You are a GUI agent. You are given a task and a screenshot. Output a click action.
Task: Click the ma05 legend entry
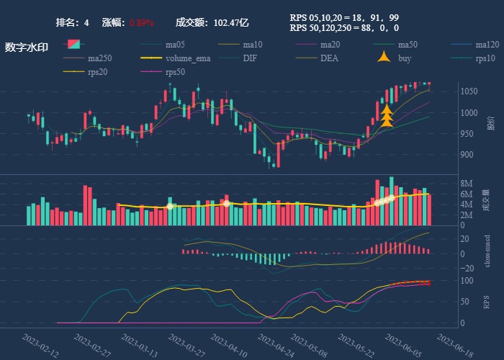(175, 45)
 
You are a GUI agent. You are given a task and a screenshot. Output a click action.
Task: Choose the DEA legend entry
(329, 58)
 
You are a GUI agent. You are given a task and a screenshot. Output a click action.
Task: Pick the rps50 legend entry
(175, 71)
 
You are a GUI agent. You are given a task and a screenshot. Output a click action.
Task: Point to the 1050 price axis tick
(469, 91)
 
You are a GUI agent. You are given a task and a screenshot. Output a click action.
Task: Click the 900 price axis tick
(467, 155)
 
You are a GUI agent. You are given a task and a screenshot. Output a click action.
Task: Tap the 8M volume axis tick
(467, 184)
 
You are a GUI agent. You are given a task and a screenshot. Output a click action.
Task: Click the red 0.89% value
(142, 23)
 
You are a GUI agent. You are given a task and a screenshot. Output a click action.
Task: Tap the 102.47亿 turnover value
(230, 23)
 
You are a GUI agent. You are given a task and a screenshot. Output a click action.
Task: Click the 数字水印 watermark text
(27, 48)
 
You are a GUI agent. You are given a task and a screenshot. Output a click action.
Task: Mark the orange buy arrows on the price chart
(387, 116)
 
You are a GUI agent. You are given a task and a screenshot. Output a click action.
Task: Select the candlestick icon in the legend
(75, 45)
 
